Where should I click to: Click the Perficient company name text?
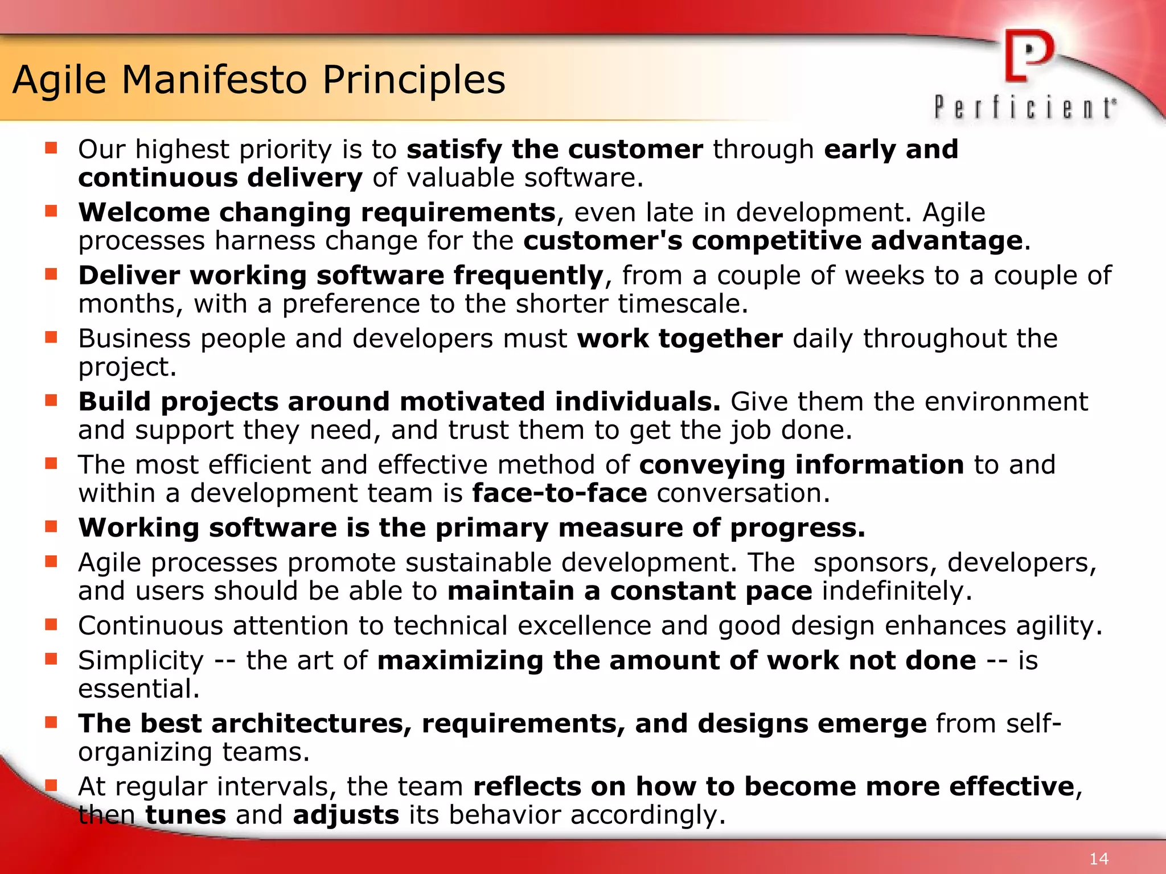point(1025,108)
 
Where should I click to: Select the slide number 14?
point(1099,859)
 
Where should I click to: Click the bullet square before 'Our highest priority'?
point(51,149)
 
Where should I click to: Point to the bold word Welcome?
point(144,212)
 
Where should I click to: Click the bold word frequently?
point(528,276)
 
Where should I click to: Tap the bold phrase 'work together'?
point(680,339)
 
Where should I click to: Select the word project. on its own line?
point(128,368)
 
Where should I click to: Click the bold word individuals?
point(638,402)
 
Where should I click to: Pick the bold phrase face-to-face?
point(560,493)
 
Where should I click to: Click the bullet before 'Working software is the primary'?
point(51,526)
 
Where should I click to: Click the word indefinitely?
point(897,591)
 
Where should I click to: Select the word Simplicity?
point(141,661)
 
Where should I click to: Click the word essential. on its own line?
point(139,689)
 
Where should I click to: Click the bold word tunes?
point(186,815)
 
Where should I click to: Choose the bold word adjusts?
point(346,815)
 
